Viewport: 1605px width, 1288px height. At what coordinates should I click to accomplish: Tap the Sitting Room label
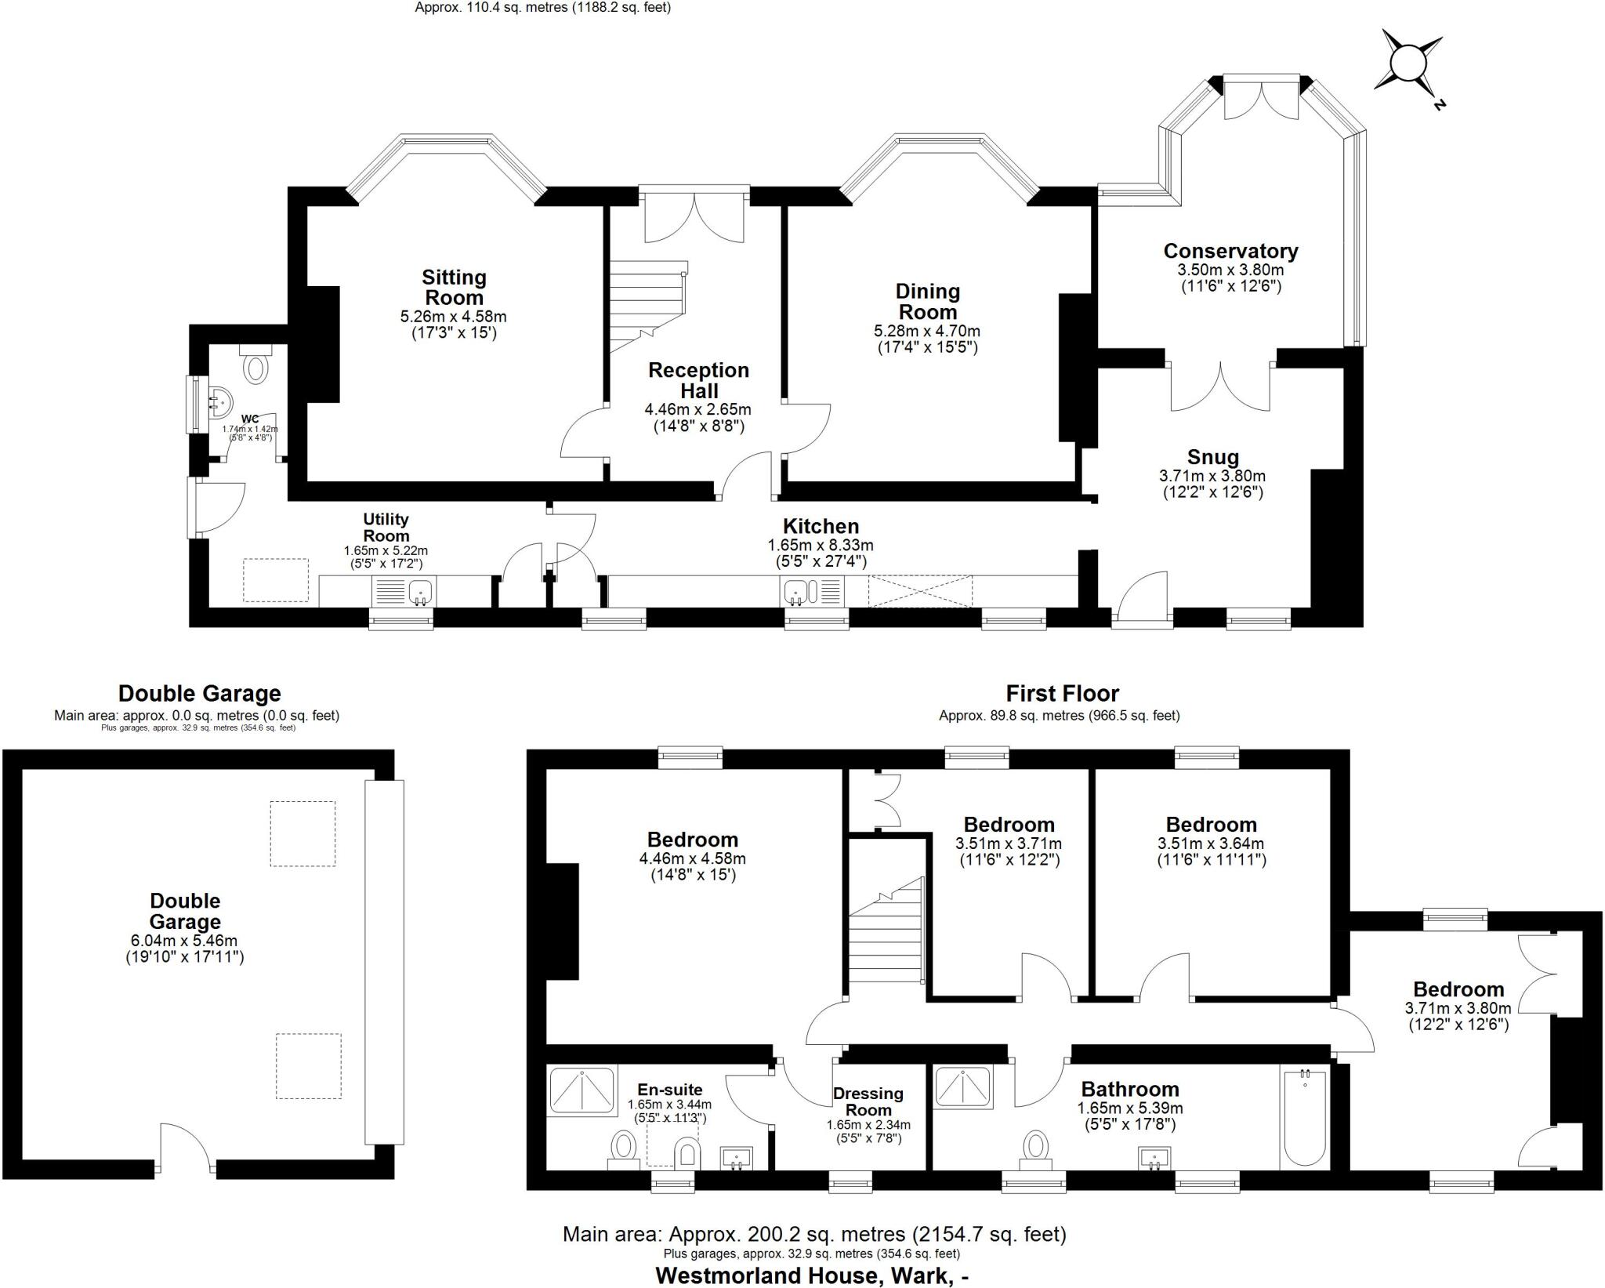tap(454, 288)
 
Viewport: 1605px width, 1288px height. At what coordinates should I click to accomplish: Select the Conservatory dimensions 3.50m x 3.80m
tap(1230, 270)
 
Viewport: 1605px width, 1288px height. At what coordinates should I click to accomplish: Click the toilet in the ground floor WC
tap(256, 366)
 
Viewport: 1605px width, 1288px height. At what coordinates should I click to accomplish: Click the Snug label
tap(1212, 457)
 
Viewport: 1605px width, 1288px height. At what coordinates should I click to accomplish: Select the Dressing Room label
tap(868, 1101)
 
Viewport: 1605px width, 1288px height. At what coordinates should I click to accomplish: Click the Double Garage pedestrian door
tap(186, 1148)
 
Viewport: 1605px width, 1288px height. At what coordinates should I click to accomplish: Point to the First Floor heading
tap(1062, 694)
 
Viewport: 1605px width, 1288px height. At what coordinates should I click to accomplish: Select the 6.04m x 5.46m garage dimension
tap(185, 941)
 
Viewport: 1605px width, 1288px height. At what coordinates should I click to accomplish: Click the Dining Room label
tap(927, 302)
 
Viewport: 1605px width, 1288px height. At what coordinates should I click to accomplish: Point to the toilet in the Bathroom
tap(1036, 1148)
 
